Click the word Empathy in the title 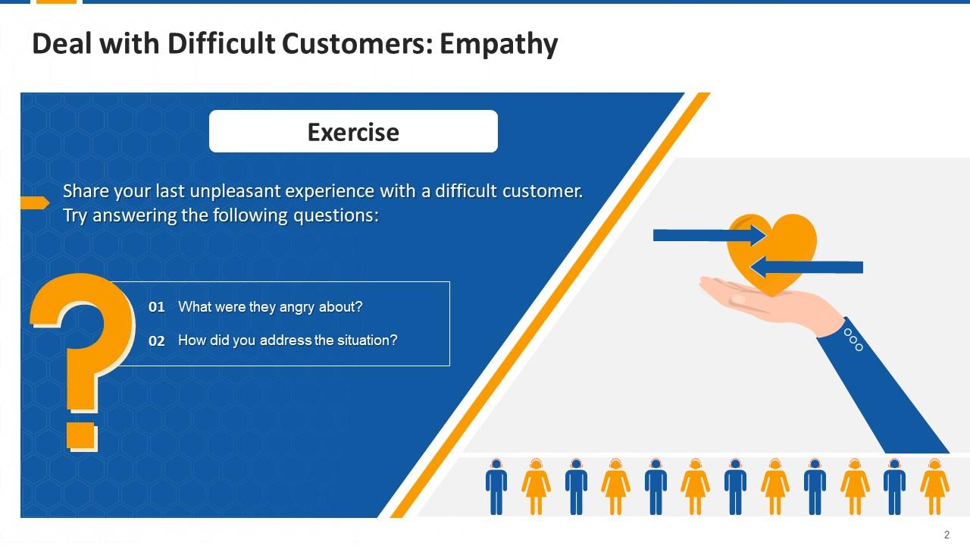(499, 45)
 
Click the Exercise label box (353, 131)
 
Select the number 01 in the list (157, 307)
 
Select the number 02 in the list (157, 341)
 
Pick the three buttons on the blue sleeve (853, 340)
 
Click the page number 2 (947, 535)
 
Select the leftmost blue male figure (496, 485)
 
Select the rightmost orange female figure (934, 485)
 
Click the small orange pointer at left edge (34, 202)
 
